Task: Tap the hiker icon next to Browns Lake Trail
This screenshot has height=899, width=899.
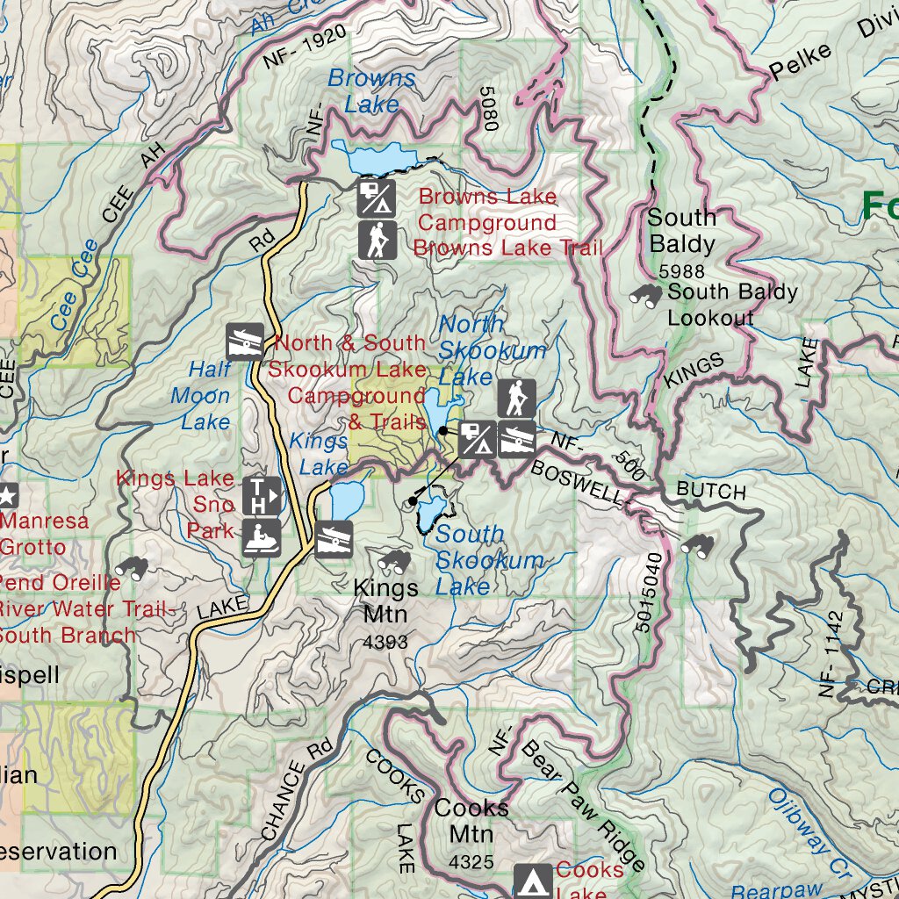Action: coord(378,241)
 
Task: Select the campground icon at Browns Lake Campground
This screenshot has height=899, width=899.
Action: coord(378,198)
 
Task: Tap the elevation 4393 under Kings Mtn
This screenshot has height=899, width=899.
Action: coord(385,643)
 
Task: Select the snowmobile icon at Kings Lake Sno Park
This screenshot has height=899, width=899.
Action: coord(263,537)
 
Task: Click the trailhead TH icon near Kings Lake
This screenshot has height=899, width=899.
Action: coord(263,495)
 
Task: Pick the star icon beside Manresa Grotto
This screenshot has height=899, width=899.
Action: coord(7,495)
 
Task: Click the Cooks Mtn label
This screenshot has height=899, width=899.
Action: coord(471,819)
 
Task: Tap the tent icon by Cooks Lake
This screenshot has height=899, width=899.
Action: coord(533,881)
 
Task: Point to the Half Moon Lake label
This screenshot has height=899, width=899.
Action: coord(205,395)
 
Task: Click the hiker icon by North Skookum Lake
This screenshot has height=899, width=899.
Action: coord(517,399)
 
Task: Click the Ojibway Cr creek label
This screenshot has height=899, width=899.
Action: coord(797,822)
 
